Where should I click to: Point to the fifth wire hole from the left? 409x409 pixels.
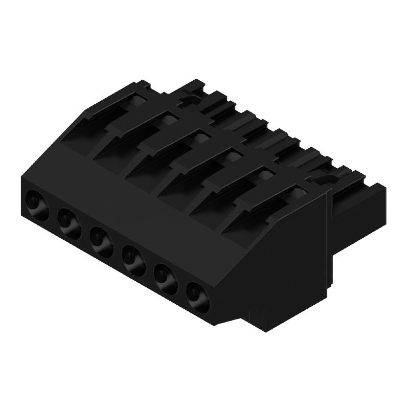click(x=165, y=276)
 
